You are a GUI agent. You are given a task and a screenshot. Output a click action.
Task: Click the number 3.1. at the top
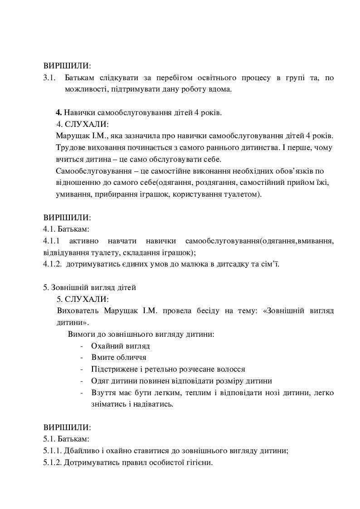(x=49, y=78)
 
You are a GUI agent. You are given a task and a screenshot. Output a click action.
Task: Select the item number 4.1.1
(x=52, y=241)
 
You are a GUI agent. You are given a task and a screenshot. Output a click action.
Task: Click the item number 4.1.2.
(x=52, y=264)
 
